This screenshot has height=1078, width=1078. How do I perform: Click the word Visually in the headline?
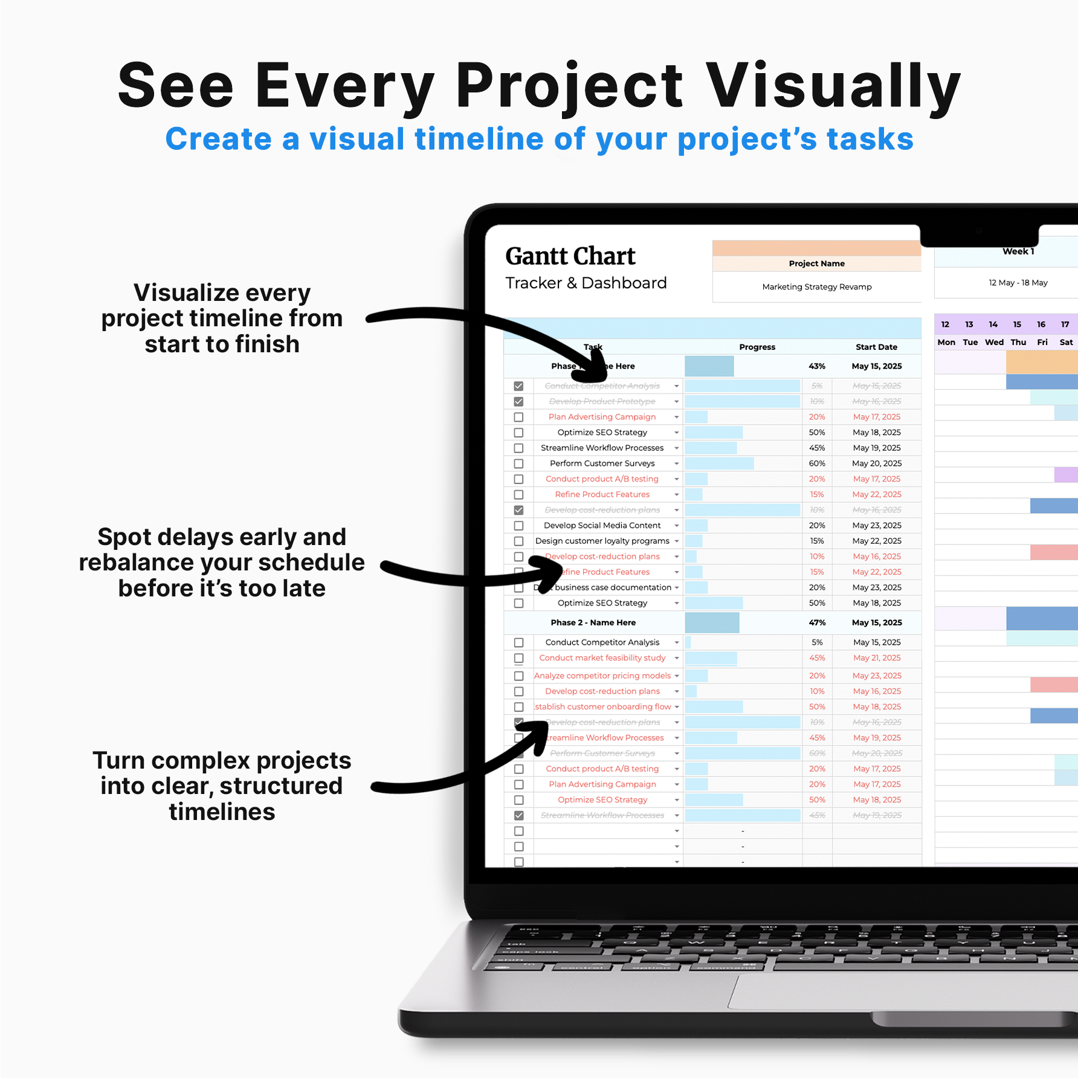833,86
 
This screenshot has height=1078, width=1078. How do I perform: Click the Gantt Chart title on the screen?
570,256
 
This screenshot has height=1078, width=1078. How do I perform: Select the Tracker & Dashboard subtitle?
586,283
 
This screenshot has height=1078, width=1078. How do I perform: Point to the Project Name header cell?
816,263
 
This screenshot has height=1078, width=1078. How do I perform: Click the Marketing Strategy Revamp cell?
816,287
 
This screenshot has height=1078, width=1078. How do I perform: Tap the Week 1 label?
1018,251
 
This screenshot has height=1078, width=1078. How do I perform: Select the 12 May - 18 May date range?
1018,283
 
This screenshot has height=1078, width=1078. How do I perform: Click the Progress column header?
757,347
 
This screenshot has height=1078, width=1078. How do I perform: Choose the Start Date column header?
876,347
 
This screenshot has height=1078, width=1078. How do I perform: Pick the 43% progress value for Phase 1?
817,366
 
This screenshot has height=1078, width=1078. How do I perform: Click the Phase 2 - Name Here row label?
593,622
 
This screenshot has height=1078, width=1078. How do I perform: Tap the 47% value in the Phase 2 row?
817,622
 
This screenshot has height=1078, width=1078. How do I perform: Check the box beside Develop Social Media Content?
518,526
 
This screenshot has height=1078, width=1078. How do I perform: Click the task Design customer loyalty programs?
602,541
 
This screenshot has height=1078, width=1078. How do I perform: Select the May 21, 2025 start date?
876,658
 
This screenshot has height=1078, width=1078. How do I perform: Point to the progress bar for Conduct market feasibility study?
711,658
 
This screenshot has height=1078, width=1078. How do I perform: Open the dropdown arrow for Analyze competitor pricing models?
677,676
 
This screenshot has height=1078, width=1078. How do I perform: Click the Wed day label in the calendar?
994,342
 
